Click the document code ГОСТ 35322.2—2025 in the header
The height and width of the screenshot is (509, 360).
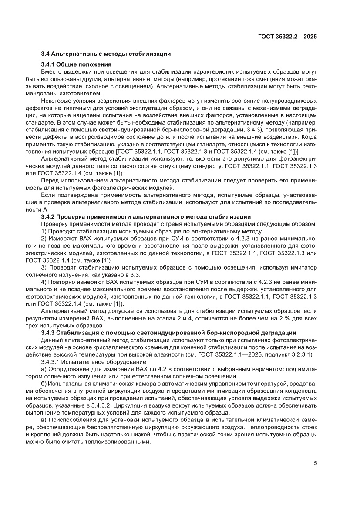pos(287,37)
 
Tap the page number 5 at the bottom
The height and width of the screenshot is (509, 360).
pos(315,463)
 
